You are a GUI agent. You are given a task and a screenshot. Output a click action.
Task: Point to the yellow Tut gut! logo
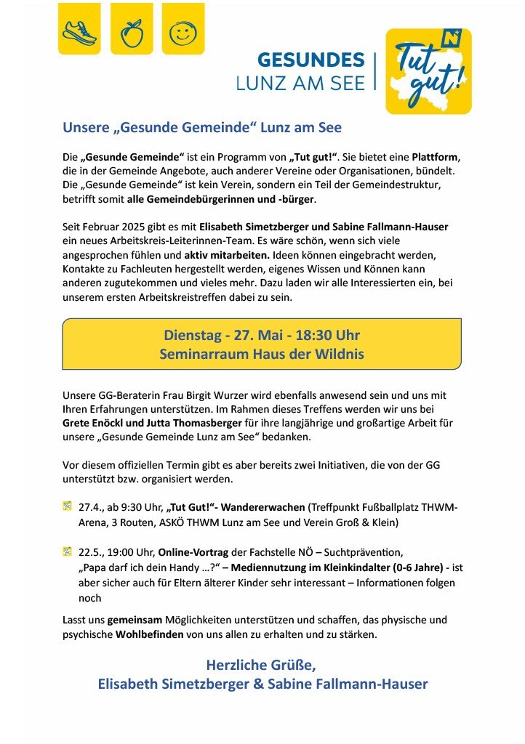[428, 71]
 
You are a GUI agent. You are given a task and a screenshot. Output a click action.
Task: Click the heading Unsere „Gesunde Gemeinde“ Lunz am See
[202, 127]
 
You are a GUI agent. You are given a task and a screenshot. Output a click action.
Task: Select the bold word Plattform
[437, 158]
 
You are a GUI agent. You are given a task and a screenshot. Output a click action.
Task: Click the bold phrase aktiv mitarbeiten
[226, 255]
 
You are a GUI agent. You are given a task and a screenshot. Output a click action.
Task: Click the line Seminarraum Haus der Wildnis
[262, 355]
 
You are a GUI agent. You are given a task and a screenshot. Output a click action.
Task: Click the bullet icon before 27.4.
[68, 506]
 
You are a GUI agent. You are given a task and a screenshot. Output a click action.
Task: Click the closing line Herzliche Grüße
[262, 665]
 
